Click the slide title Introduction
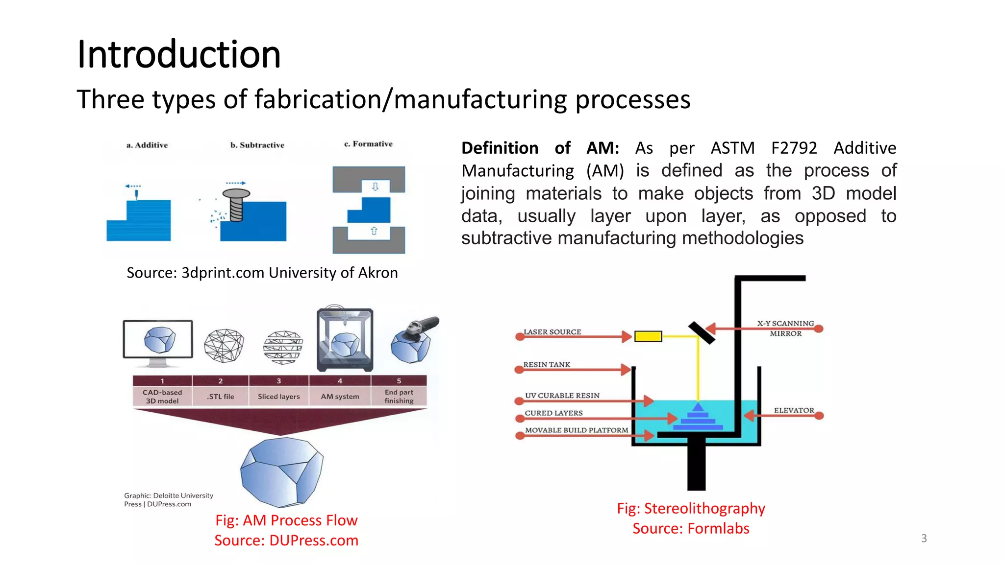click(x=179, y=54)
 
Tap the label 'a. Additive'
click(x=147, y=145)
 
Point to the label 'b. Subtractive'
click(x=257, y=145)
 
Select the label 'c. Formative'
click(x=368, y=144)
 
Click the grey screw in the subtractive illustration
click(x=236, y=205)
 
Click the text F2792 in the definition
click(x=794, y=148)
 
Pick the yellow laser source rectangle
click(x=648, y=336)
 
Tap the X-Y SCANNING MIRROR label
click(x=785, y=329)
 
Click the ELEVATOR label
click(x=794, y=410)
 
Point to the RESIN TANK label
click(x=547, y=365)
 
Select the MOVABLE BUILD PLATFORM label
click(x=577, y=430)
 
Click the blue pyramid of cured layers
click(x=698, y=418)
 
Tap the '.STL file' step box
click(x=221, y=396)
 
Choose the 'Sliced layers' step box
click(x=278, y=396)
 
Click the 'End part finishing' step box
click(x=399, y=396)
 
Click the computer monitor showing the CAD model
click(x=158, y=340)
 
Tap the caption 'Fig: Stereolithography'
click(x=691, y=508)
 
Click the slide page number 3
click(x=924, y=538)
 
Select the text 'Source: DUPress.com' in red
click(x=286, y=540)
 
